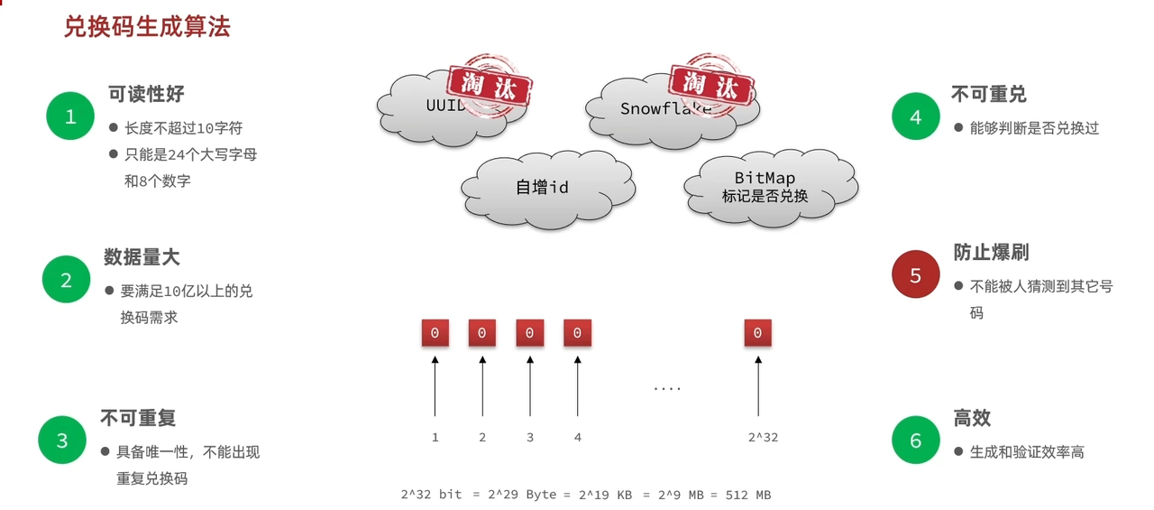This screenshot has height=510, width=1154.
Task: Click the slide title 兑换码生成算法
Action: [x=146, y=27]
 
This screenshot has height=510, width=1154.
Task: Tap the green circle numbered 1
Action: [x=70, y=116]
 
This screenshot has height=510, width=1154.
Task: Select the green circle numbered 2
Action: [x=66, y=280]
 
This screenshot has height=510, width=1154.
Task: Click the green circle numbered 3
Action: [x=62, y=440]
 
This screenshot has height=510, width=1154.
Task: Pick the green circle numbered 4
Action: [x=916, y=116]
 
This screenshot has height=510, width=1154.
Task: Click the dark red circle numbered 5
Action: [x=916, y=275]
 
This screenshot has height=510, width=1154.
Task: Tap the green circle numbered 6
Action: [x=916, y=440]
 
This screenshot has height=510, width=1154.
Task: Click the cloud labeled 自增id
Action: [x=541, y=188]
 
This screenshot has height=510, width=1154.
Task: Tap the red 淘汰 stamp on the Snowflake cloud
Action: [x=711, y=85]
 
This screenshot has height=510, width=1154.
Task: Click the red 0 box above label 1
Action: [x=435, y=333]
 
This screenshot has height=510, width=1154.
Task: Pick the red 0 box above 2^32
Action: [x=757, y=333]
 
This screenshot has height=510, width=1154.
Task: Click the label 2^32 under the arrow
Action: [x=763, y=437]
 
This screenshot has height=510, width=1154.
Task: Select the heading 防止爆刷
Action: [x=991, y=252]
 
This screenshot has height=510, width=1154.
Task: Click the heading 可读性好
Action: [x=146, y=94]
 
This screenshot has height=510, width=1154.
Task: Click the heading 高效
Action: [x=972, y=418]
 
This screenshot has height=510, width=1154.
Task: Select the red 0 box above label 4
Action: [x=577, y=333]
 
